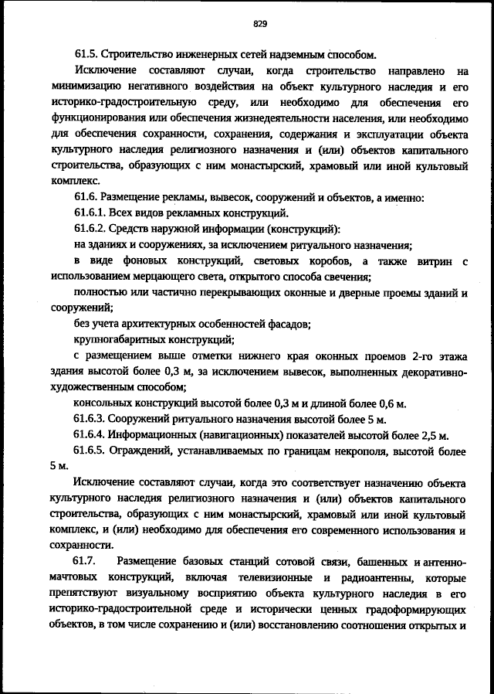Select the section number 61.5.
click(87, 55)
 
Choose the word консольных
click(104, 403)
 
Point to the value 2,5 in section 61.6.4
click(428, 435)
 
